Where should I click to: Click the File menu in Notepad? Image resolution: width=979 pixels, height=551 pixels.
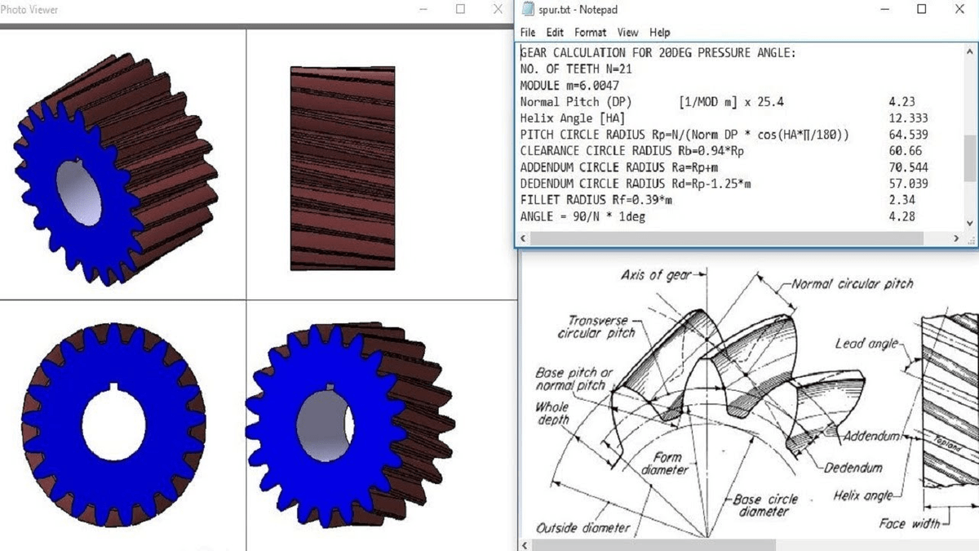[528, 33]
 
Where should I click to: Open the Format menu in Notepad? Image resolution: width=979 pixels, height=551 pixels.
[590, 33]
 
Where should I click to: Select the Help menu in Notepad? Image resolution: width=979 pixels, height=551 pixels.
[660, 33]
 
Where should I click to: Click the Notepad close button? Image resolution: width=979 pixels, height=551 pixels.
[959, 10]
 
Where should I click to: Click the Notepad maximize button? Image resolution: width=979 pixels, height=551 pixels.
[922, 10]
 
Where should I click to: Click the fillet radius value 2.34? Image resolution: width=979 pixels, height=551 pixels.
[901, 200]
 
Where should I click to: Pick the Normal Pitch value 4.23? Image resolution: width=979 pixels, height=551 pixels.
[901, 102]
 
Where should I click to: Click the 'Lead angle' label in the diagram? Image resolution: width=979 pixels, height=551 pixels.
[866, 344]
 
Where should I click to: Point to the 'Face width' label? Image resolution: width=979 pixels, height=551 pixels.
[909, 523]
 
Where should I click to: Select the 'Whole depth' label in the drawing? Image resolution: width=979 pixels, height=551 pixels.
[552, 413]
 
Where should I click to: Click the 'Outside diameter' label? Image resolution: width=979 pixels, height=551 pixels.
[583, 527]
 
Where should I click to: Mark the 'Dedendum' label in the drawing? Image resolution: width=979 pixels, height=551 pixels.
[853, 468]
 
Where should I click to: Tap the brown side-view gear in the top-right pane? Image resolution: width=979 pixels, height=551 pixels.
[343, 168]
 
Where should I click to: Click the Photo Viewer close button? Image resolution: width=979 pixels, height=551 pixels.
[498, 10]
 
